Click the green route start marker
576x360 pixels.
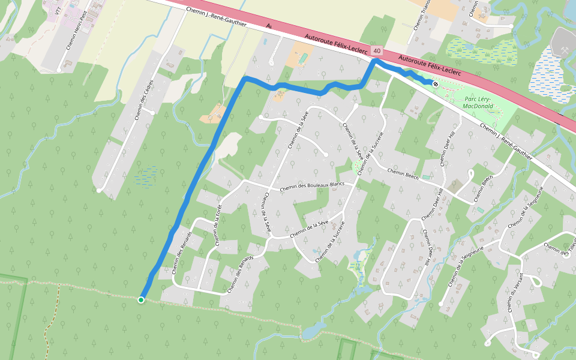click(140, 300)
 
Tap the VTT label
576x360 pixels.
click(58, 10)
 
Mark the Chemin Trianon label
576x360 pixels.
click(419, 13)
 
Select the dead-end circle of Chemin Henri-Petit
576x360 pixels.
click(59, 70)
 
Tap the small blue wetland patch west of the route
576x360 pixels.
click(146, 176)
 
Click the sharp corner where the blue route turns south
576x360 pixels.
click(245, 79)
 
